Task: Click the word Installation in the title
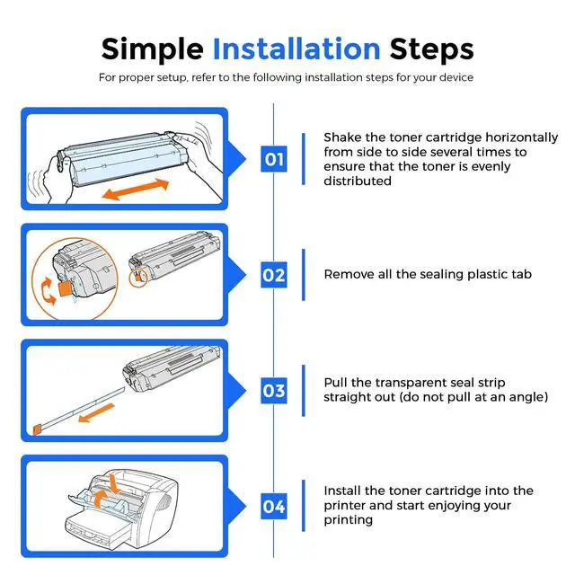click(296, 49)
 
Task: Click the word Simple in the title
click(152, 50)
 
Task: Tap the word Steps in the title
click(431, 50)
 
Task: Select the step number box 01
click(273, 159)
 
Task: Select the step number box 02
click(273, 275)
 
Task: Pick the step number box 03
click(273, 391)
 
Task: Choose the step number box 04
click(273, 506)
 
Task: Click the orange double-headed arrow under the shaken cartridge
click(136, 190)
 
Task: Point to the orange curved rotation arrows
click(48, 290)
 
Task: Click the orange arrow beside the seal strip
click(97, 412)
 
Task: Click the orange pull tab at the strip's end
click(37, 429)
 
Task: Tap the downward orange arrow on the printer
click(115, 483)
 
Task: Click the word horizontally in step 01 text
click(521, 137)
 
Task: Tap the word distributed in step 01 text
click(358, 181)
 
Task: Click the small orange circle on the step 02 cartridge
click(138, 278)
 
